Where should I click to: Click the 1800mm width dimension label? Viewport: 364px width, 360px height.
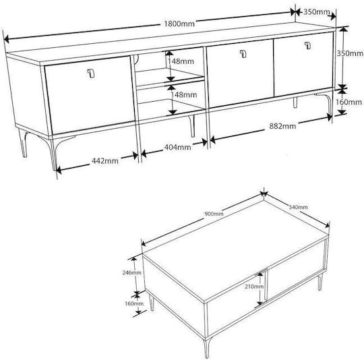tap(179, 24)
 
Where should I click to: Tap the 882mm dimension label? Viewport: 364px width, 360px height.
tap(282, 126)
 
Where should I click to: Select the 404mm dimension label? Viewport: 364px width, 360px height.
tap(177, 147)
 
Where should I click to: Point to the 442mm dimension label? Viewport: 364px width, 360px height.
tap(105, 160)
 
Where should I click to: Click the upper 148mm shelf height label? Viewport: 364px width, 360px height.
tap(181, 61)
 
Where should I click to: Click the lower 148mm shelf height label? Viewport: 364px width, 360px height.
tap(183, 94)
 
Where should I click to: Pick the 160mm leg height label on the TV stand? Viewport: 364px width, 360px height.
tap(348, 102)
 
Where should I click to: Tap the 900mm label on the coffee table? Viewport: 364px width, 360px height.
tap(214, 214)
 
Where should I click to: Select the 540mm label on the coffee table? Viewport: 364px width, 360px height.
tap(298, 206)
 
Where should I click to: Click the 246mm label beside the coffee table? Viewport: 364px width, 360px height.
tap(131, 272)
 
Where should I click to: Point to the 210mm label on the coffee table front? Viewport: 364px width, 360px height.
tap(254, 287)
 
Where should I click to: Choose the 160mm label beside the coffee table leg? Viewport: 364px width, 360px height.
tap(134, 303)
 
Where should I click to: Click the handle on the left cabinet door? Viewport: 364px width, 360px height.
tap(91, 73)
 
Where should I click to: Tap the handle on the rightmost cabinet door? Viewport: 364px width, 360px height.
tap(307, 45)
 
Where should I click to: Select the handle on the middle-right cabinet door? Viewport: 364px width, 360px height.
tap(243, 54)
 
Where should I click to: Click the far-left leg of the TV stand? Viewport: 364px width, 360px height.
tap(23, 143)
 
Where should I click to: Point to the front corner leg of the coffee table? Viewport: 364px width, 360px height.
tap(207, 347)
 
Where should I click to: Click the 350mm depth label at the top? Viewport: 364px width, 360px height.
tap(316, 12)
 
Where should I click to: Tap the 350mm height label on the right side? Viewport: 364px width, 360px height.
tap(350, 53)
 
